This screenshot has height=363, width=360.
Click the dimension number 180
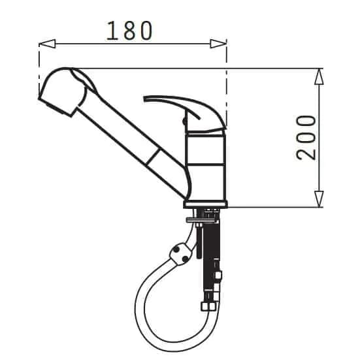[x=129, y=31]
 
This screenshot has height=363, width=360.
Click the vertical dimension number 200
[x=306, y=138]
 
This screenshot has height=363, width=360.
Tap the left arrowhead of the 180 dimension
[x=47, y=44]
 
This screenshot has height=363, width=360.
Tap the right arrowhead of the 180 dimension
[x=218, y=44]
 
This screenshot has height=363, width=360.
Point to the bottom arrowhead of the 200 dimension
[x=319, y=199]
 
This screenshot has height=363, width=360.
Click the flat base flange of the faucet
[x=206, y=204]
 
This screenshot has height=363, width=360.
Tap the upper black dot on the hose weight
[x=176, y=250]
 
